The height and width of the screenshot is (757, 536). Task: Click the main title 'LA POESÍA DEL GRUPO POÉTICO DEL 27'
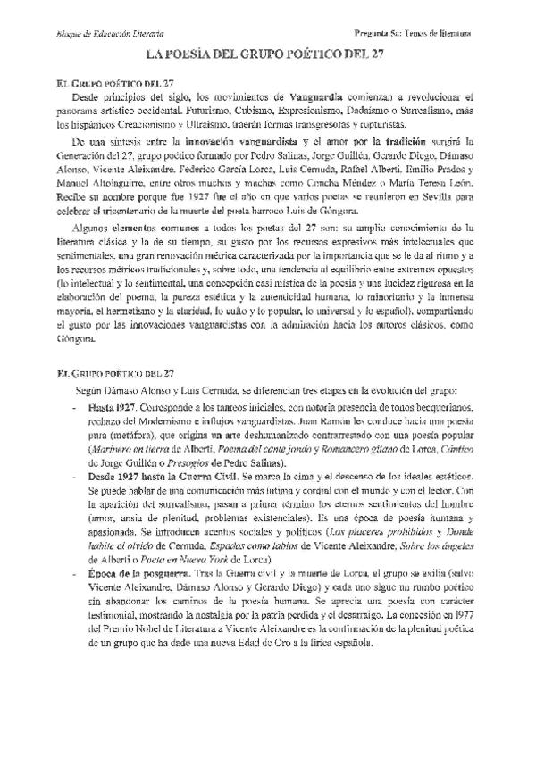coord(268,55)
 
